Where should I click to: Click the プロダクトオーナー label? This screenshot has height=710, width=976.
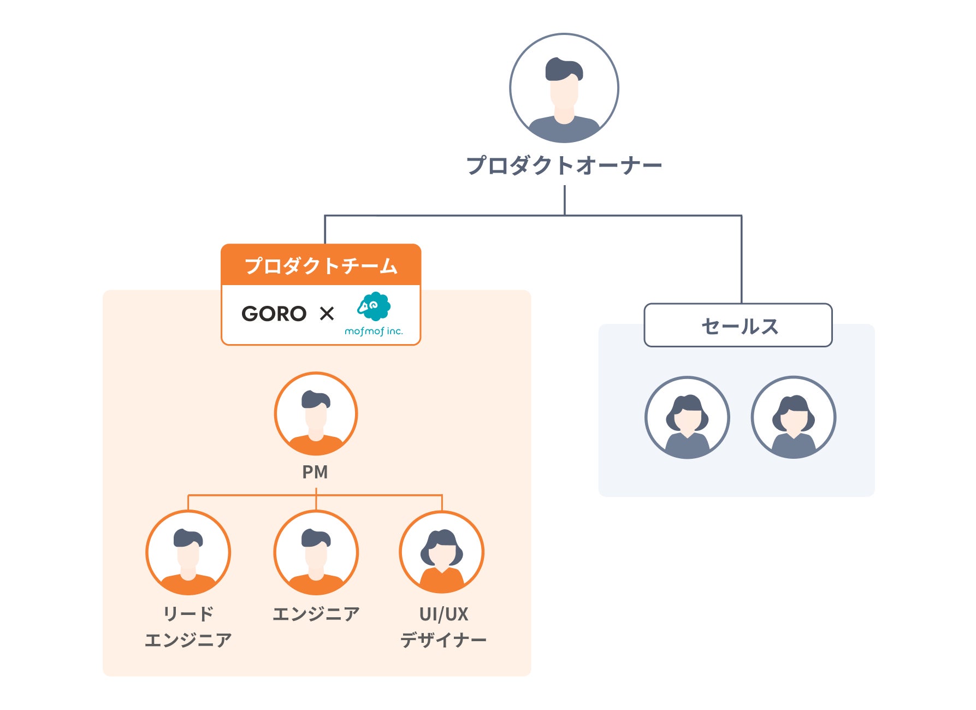(x=564, y=165)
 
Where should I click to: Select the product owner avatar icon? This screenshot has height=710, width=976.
(x=564, y=88)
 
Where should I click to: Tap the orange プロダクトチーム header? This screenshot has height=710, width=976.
(x=321, y=266)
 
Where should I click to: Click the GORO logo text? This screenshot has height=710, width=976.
(x=274, y=314)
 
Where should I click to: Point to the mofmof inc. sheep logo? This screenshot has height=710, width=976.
(x=374, y=307)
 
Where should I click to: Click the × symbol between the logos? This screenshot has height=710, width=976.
(x=327, y=314)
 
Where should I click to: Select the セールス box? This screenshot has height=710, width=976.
(x=738, y=326)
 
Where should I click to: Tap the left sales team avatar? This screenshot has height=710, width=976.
(x=687, y=418)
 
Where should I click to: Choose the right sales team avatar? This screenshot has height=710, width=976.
(x=793, y=418)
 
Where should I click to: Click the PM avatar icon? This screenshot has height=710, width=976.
(x=316, y=414)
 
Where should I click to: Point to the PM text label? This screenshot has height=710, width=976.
(x=315, y=472)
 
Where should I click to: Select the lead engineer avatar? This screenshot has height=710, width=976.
(x=188, y=553)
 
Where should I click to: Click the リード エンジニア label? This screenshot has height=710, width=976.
(x=188, y=627)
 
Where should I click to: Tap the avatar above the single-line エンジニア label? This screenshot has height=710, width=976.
(x=316, y=553)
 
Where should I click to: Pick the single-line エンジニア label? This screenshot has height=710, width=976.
(x=316, y=614)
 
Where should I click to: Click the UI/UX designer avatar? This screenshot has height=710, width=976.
(x=442, y=553)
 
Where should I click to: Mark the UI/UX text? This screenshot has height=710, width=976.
(x=443, y=614)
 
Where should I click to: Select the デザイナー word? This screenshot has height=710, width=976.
(x=443, y=640)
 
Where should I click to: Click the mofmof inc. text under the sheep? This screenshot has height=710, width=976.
(x=374, y=332)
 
